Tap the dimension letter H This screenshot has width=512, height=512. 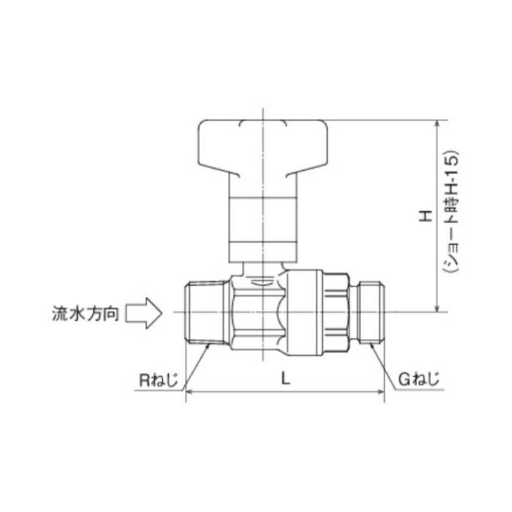tap(425, 215)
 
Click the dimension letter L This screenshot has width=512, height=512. tap(284, 378)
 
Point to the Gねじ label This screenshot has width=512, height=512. tap(418, 380)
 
